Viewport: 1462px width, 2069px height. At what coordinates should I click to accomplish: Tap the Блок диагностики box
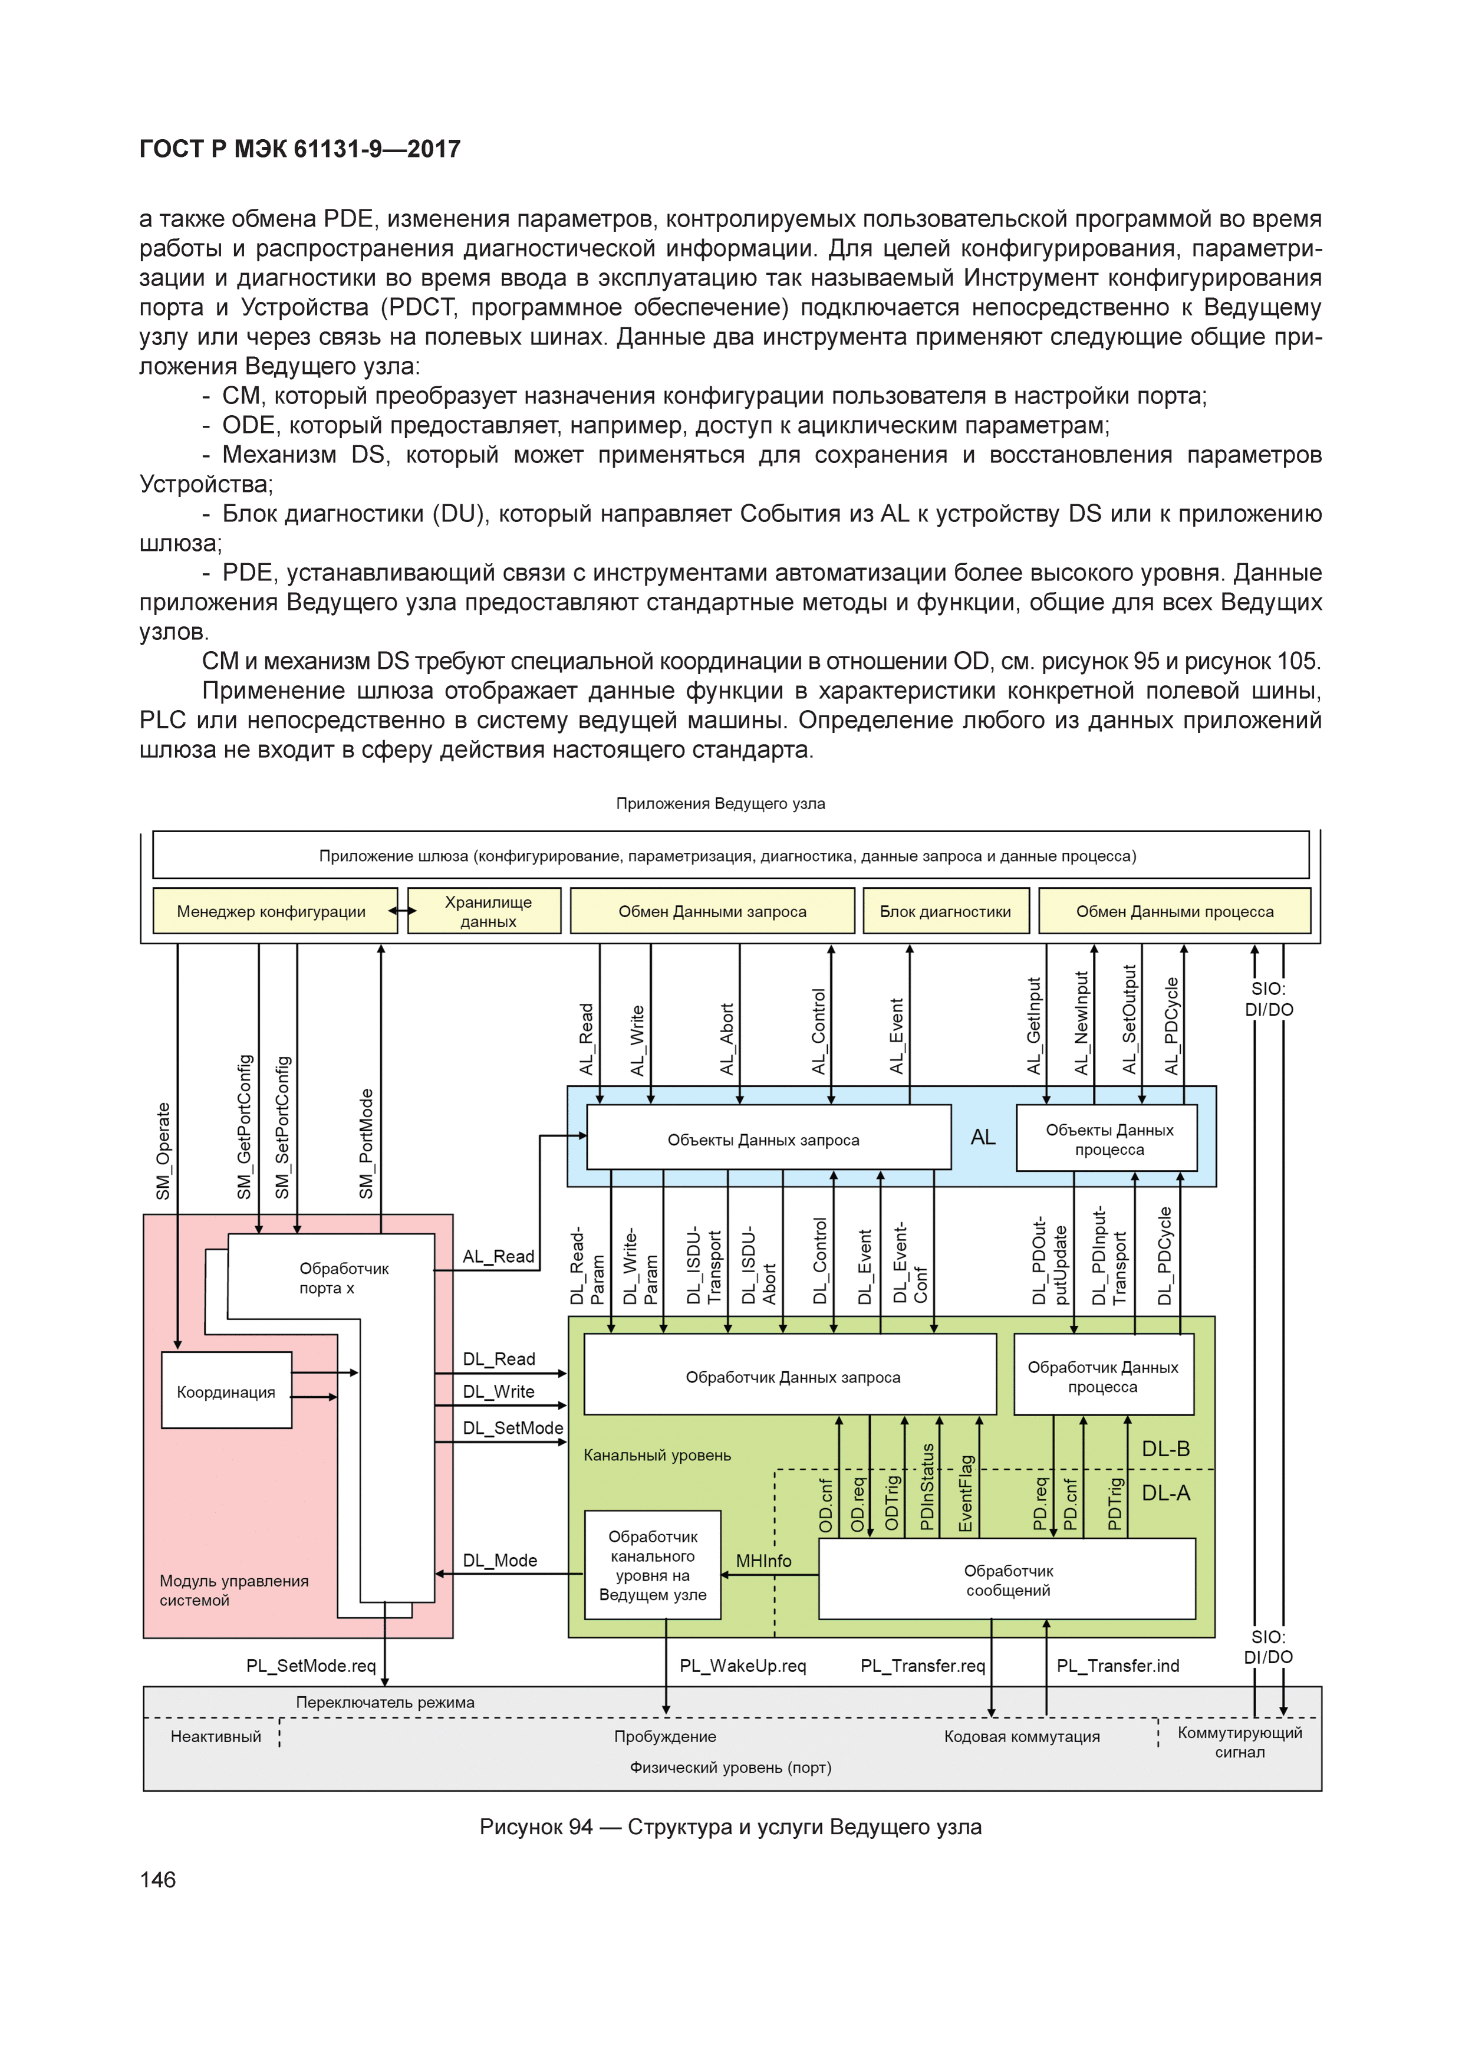(945, 911)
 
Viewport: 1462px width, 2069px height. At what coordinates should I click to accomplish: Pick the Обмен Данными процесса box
(1175, 911)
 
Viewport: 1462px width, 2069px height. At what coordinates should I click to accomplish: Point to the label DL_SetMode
(512, 1427)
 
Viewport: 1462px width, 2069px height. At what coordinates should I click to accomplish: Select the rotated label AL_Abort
(727, 1038)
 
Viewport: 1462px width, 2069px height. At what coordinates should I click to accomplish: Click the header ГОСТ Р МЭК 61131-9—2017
(300, 149)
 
